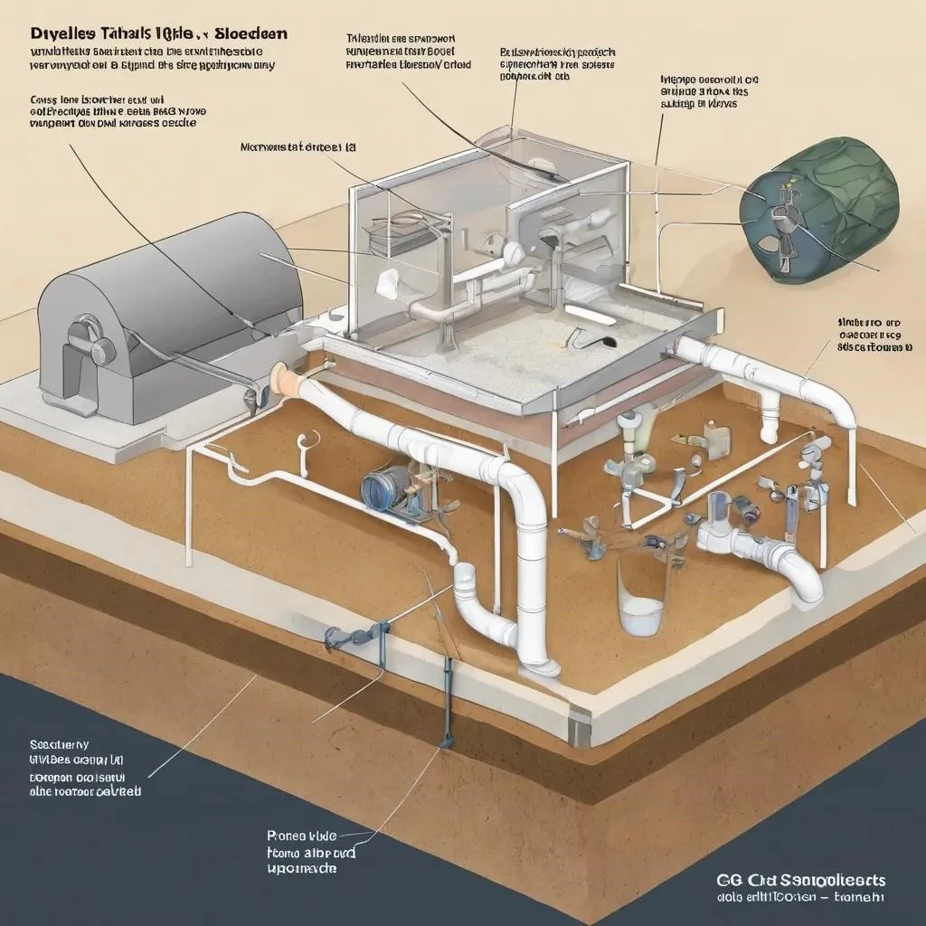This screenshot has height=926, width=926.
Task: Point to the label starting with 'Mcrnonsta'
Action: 298,145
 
